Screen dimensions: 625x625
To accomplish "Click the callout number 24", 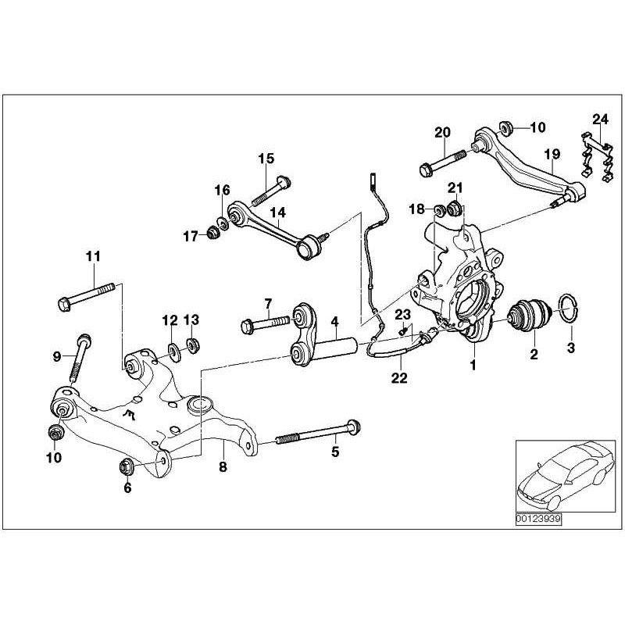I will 599,119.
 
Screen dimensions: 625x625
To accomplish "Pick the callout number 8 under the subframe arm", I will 223,468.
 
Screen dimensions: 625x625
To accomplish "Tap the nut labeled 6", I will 126,467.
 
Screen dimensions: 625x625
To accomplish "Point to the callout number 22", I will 399,377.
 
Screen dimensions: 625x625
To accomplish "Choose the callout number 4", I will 334,321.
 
